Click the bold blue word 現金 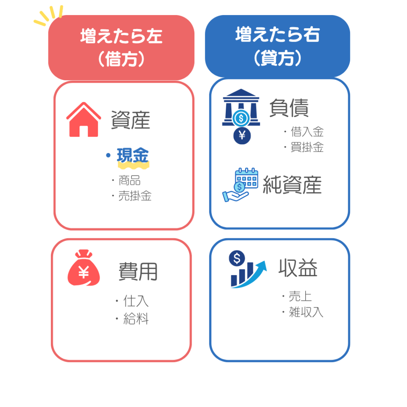133,155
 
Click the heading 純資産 292,184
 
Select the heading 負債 289,108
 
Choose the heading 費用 138,271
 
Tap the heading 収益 298,267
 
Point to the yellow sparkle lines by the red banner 48,16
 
